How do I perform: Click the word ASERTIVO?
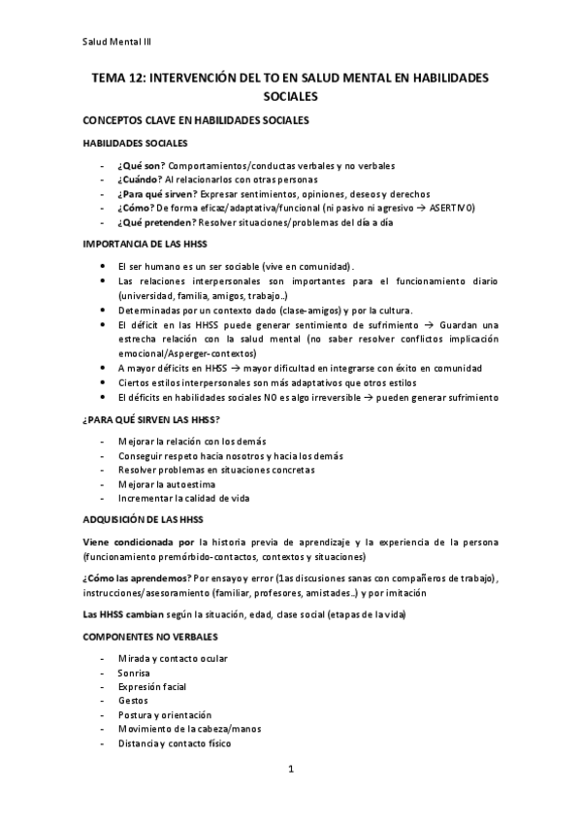tap(450, 207)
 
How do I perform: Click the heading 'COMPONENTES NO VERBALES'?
tap(150, 639)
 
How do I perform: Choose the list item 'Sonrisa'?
tap(134, 672)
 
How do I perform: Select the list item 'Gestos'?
tap(133, 700)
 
